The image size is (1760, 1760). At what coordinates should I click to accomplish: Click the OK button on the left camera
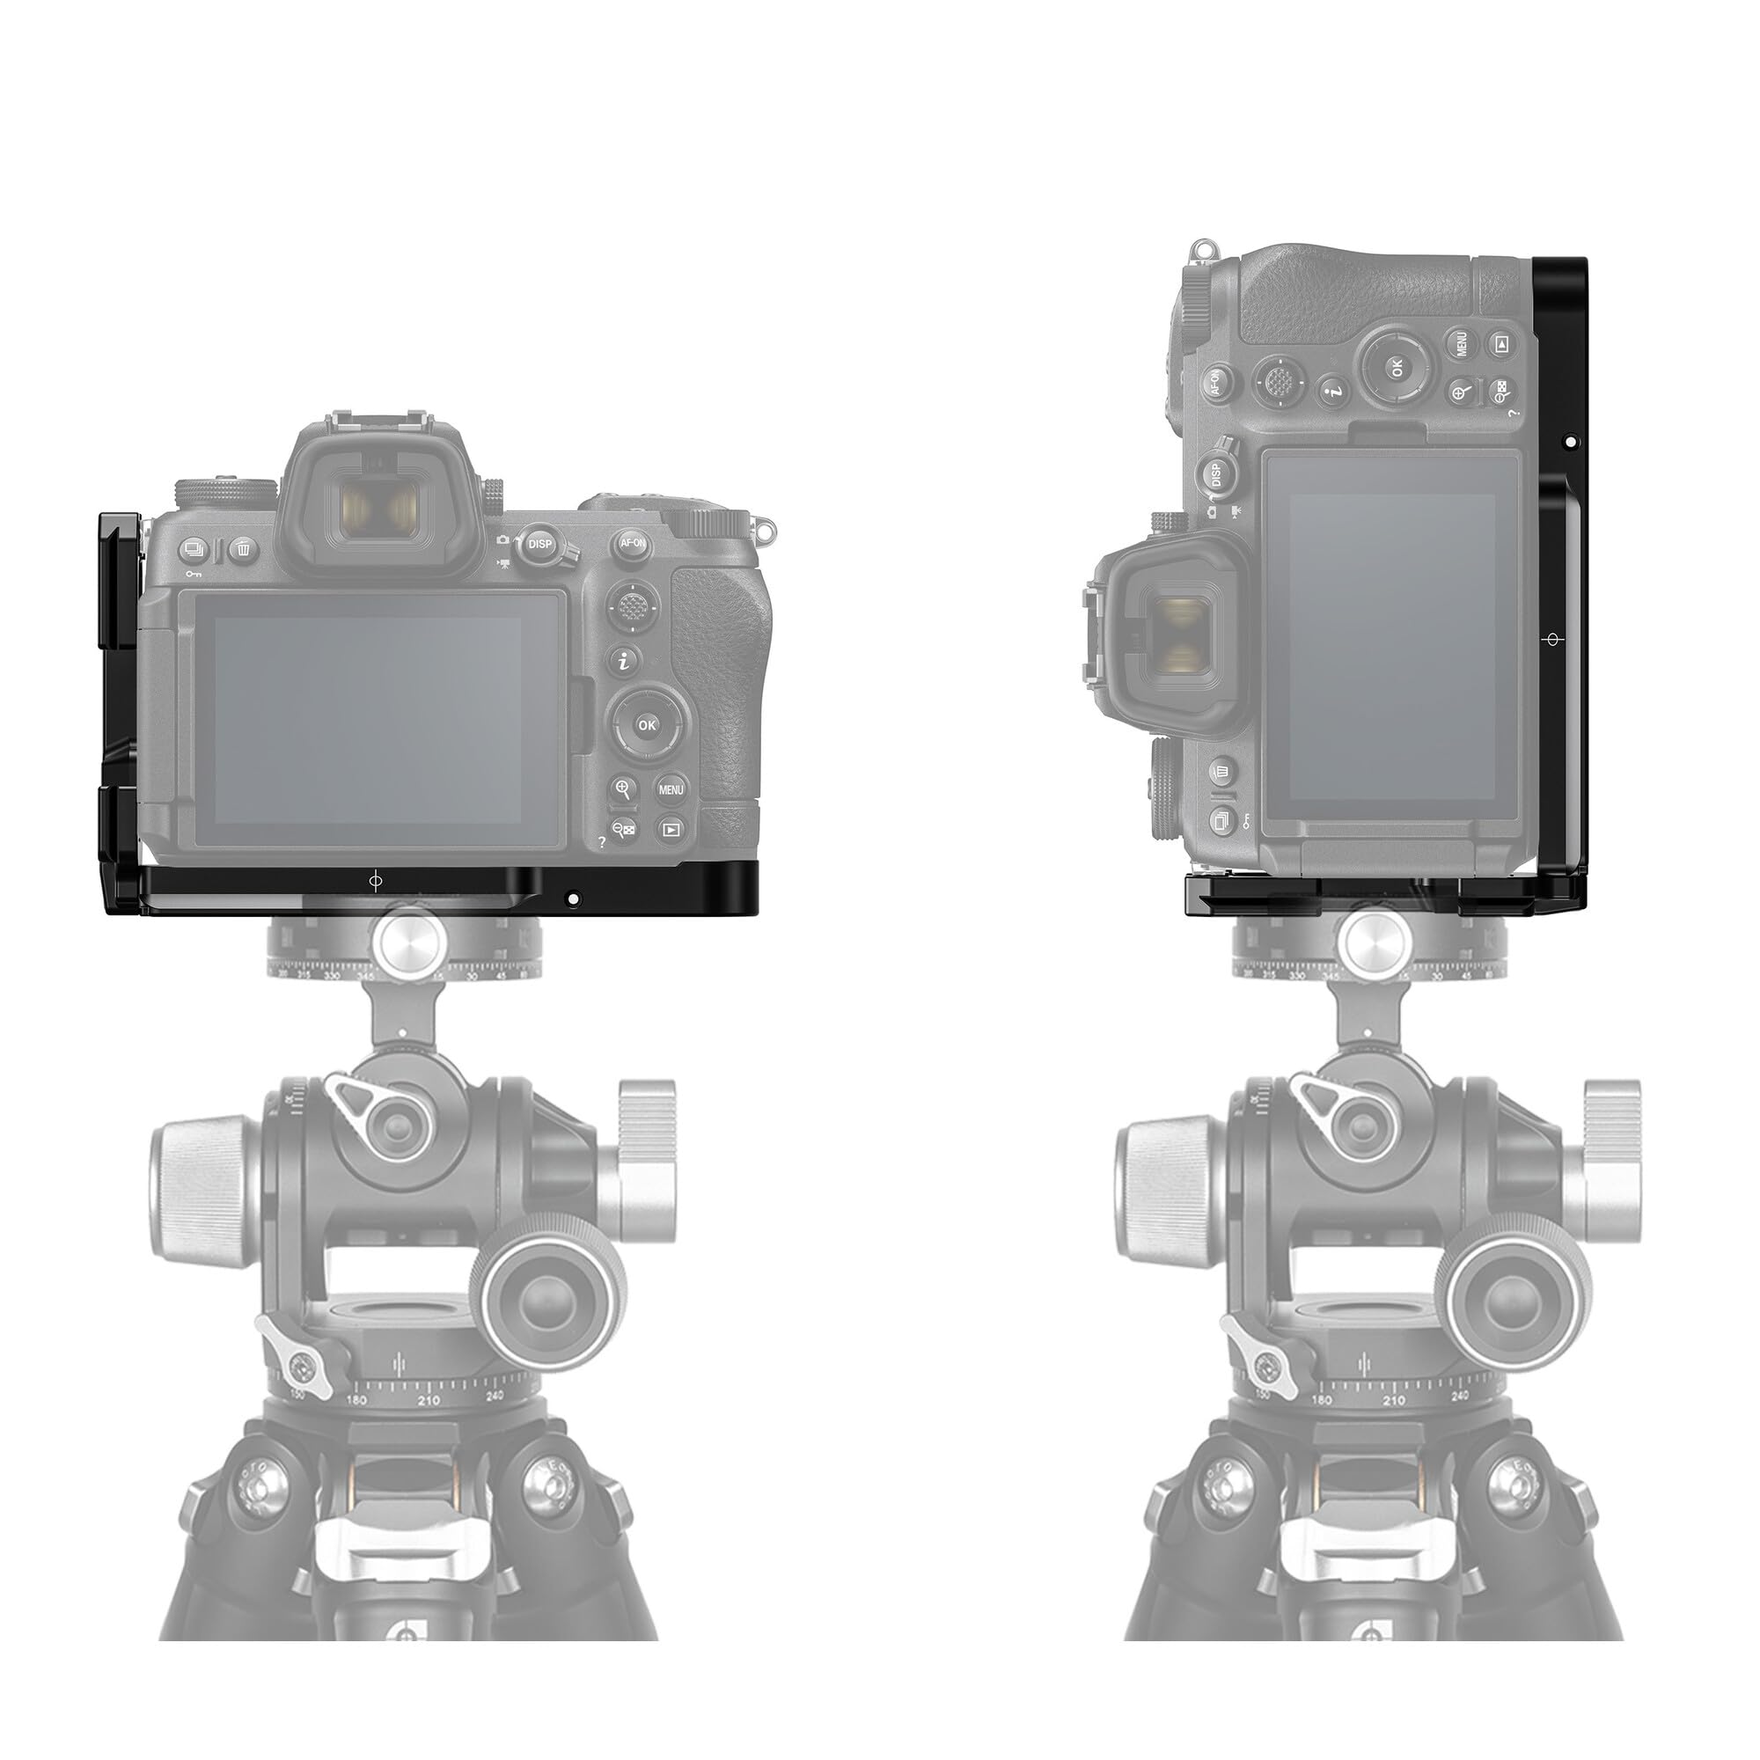click(x=647, y=725)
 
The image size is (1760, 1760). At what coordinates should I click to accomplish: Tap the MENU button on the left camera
click(x=671, y=788)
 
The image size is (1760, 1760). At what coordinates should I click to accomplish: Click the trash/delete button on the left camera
click(x=243, y=549)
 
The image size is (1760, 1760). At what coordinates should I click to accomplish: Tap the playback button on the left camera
click(x=671, y=830)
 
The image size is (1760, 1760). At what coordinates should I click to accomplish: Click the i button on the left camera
click(x=624, y=662)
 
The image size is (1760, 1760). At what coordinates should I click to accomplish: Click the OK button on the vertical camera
click(x=1396, y=367)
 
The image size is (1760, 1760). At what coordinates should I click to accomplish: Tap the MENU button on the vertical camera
click(x=1460, y=343)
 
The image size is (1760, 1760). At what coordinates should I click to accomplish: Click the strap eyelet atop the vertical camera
click(x=1205, y=248)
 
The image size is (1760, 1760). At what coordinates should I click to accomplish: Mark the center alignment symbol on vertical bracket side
click(x=1552, y=640)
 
